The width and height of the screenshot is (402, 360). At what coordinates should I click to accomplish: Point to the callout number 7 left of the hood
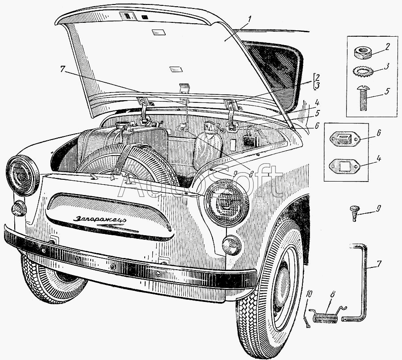point(63,69)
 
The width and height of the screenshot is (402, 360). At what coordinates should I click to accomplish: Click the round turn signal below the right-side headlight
point(232,245)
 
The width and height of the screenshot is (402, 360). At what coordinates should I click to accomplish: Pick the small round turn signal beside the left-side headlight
point(19,208)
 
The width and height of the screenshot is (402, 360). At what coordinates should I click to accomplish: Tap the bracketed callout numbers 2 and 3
point(317,80)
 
